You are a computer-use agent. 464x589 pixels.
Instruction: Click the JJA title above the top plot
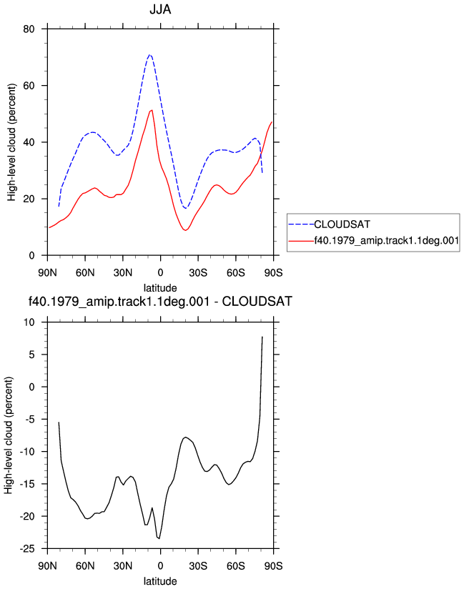tap(160, 9)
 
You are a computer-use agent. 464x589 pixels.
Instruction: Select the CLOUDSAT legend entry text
tap(342, 224)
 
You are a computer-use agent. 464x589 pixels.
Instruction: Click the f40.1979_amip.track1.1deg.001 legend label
tap(387, 240)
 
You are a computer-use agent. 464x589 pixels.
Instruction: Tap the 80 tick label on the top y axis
tap(29, 29)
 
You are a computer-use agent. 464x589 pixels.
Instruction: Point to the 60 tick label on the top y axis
tap(29, 86)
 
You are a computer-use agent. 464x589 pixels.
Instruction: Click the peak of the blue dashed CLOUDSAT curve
tap(149, 55)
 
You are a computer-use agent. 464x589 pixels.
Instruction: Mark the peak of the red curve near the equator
tap(152, 110)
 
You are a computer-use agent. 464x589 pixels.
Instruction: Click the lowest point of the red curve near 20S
tap(185, 230)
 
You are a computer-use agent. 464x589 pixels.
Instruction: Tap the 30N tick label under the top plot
tap(123, 273)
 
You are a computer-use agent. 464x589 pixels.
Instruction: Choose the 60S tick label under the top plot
tap(235, 273)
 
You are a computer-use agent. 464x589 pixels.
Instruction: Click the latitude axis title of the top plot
tap(160, 288)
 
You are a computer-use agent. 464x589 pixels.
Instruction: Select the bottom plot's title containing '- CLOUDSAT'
tap(160, 301)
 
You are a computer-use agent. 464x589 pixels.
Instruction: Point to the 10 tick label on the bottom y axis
tap(29, 322)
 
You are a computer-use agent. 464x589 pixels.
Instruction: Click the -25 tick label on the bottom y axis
tap(27, 549)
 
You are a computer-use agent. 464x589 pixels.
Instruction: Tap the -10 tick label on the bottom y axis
tap(27, 452)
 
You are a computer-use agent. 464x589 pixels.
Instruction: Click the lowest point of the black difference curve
tap(159, 538)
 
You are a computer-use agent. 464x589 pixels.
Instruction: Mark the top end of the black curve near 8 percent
tap(262, 337)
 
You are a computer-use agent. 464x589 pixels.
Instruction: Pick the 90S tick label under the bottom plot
tap(274, 566)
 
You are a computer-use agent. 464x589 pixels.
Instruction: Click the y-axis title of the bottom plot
tap(9, 435)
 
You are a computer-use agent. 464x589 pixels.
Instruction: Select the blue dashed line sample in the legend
tap(301, 224)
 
